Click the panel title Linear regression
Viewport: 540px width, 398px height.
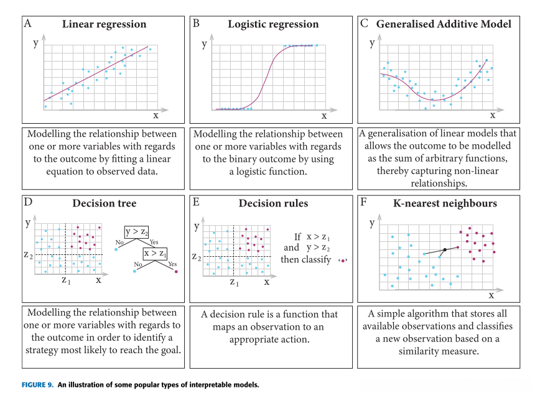click(104, 24)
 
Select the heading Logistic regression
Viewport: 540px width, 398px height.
click(273, 24)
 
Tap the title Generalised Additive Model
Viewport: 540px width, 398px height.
click(444, 24)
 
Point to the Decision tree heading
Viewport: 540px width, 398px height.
click(104, 203)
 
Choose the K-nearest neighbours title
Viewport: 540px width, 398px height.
click(445, 203)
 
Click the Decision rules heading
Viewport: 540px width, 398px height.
click(273, 203)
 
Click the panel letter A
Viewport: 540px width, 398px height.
click(27, 24)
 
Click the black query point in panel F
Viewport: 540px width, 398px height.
click(445, 250)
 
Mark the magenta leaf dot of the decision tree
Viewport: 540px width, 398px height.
click(177, 272)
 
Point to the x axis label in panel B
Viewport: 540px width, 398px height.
click(324, 115)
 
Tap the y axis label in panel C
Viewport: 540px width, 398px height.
click(372, 43)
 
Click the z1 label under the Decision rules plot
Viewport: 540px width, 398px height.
click(234, 282)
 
